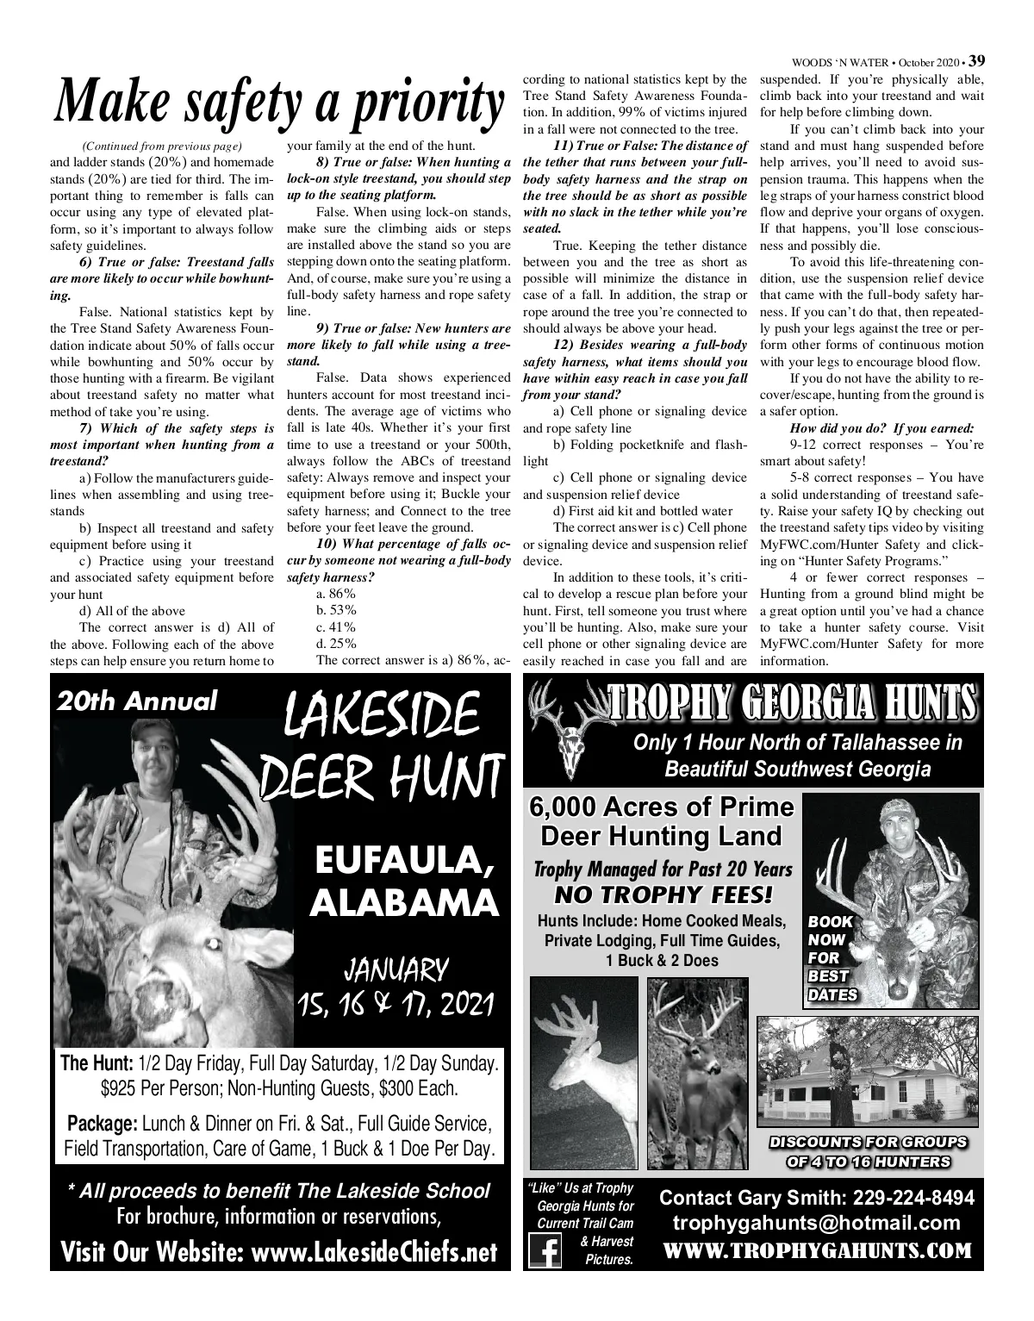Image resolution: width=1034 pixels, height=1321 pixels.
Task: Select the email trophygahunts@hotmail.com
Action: coord(816,1224)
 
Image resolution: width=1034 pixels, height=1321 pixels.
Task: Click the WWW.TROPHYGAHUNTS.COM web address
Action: coord(816,1250)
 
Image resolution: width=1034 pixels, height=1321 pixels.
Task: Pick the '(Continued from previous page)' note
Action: coord(161,145)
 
